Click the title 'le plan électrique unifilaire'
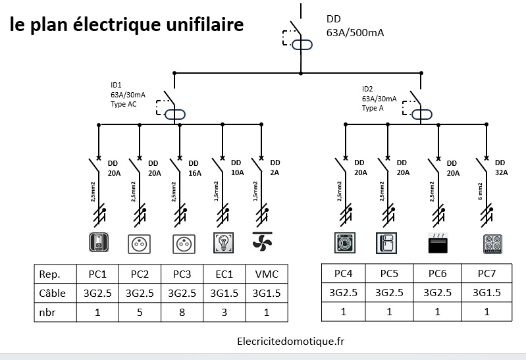click(x=126, y=25)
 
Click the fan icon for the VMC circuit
click(x=263, y=242)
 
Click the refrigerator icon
click(x=386, y=243)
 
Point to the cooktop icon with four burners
click(x=493, y=244)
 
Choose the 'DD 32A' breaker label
click(x=500, y=168)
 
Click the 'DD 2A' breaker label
click(x=275, y=168)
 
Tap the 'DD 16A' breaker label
click(x=194, y=168)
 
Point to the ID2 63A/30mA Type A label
click(x=379, y=98)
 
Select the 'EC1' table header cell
click(x=223, y=273)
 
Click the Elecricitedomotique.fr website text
click(x=290, y=341)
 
